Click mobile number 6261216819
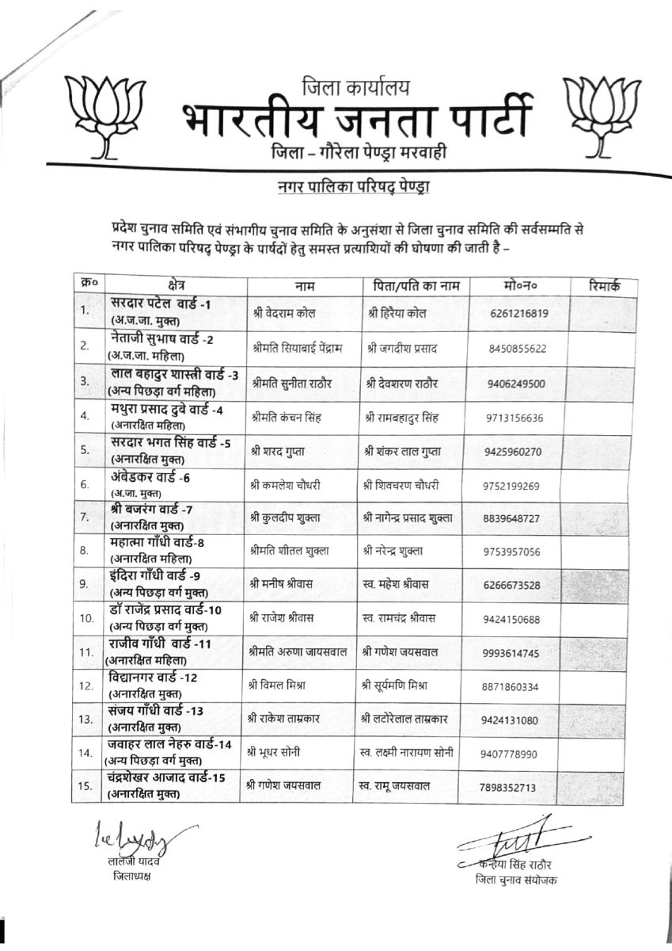click(519, 312)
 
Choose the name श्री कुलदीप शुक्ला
click(284, 518)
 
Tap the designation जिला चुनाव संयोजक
click(515, 880)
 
